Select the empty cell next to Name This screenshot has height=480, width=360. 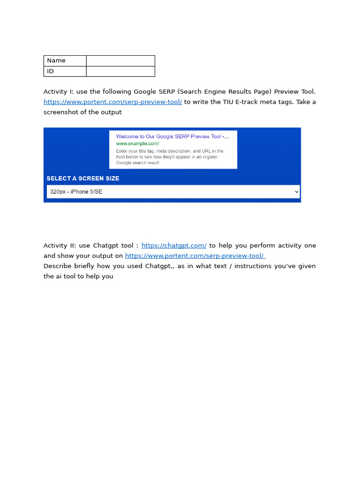click(x=120, y=60)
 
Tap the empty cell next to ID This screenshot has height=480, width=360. click(x=120, y=71)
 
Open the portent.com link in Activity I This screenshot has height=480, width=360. click(x=112, y=102)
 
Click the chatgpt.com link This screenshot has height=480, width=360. click(x=173, y=246)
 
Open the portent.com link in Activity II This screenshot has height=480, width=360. click(x=195, y=256)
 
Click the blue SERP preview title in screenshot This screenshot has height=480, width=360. click(x=172, y=136)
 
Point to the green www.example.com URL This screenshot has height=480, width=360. click(x=137, y=143)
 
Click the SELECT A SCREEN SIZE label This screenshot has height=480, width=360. click(x=83, y=179)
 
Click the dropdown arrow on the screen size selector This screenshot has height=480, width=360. click(x=296, y=192)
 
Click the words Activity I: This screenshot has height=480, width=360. click(x=59, y=92)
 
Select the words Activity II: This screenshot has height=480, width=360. click(x=60, y=246)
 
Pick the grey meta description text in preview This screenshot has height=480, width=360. click(x=170, y=157)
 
